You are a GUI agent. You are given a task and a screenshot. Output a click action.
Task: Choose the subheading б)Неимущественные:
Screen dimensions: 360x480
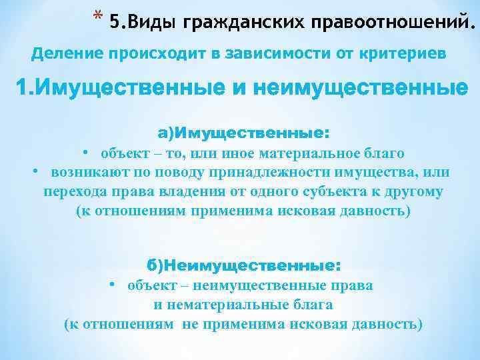tap(243, 265)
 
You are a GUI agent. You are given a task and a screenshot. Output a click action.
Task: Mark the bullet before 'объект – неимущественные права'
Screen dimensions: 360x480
tap(113, 284)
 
